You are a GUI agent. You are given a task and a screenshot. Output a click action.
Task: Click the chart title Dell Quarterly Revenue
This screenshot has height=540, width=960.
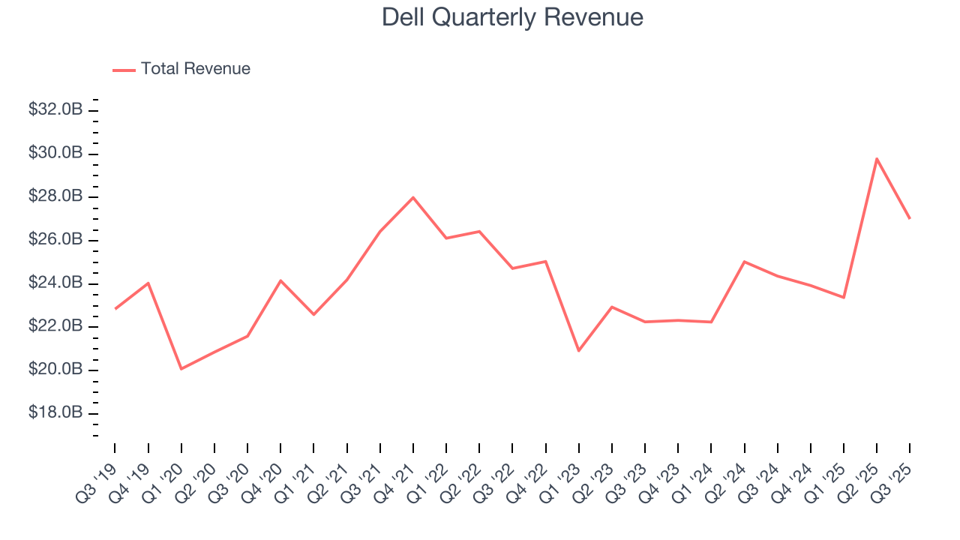coord(512,17)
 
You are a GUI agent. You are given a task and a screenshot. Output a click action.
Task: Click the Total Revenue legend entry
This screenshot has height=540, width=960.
coord(181,69)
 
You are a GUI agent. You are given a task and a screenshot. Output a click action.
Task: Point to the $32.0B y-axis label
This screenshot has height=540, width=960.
coord(55,109)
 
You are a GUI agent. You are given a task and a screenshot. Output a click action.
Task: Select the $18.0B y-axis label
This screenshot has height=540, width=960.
coord(55,413)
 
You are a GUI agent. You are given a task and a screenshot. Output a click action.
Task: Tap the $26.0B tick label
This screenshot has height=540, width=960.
coord(55,240)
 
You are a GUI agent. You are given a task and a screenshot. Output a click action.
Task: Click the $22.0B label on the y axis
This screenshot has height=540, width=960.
coord(55,326)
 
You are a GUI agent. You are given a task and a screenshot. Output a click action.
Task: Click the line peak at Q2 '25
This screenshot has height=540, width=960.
coord(877,158)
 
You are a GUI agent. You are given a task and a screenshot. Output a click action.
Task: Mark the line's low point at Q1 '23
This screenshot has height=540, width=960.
coord(578,351)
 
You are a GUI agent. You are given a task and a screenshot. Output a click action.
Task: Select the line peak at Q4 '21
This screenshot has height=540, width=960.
coord(413,197)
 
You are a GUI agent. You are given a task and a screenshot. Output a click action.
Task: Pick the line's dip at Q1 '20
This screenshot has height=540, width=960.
coord(181,369)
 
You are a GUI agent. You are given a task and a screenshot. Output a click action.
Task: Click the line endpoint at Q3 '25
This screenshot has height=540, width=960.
coord(910,218)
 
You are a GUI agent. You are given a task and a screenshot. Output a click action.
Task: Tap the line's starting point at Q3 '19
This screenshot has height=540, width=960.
coord(115,308)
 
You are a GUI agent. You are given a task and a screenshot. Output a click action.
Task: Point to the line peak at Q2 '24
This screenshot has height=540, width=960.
coord(744,262)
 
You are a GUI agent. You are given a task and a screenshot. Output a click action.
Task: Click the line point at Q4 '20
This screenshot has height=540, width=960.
coord(280,280)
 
